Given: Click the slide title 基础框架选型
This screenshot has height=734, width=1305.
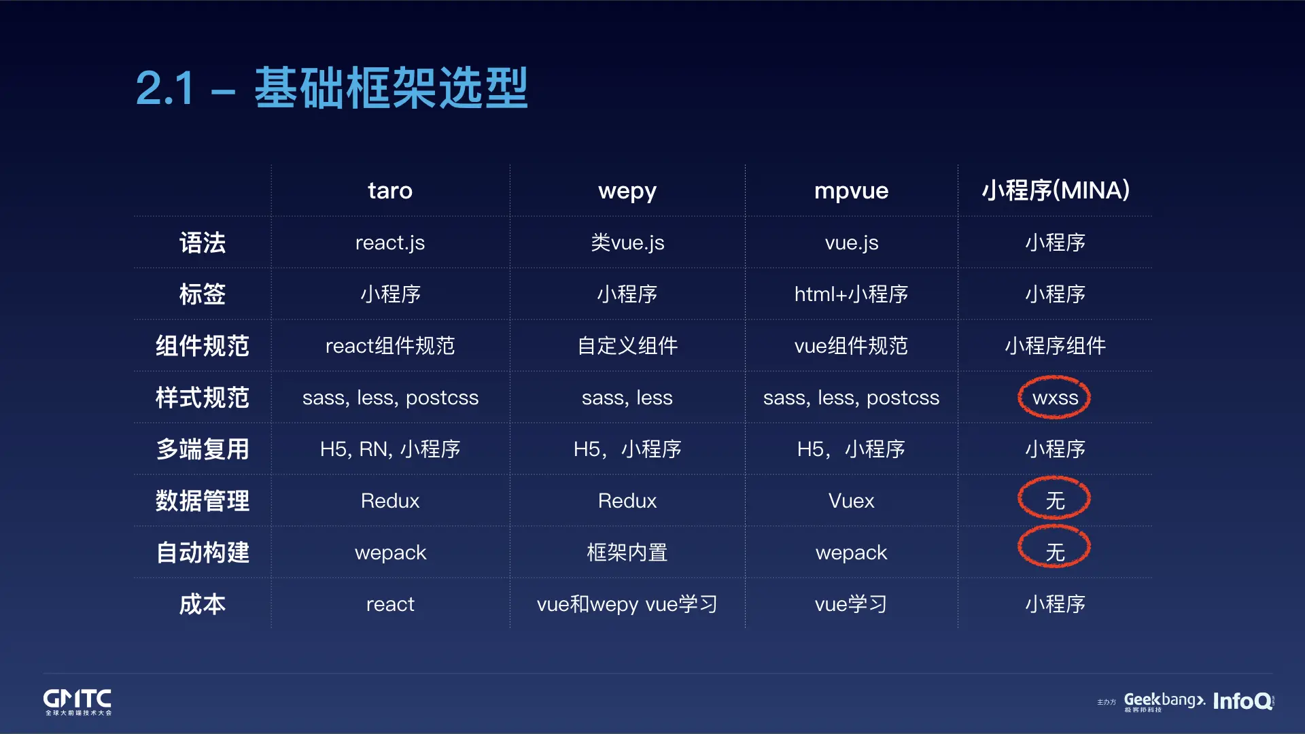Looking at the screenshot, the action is point(391,88).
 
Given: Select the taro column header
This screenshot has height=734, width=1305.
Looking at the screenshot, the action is point(390,191).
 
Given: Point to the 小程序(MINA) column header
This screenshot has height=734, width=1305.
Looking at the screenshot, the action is point(1056,190).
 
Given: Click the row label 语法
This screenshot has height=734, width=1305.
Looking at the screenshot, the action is point(203,243).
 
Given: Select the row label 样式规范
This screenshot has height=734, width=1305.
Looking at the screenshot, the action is point(203,398).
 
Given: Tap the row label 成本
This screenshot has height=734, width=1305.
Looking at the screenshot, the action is point(203,604).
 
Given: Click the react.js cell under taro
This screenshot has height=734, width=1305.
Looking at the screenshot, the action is point(390,243).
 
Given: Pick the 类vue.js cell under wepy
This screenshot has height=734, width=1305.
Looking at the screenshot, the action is point(627,243).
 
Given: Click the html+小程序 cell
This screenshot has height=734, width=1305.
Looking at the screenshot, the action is point(851,294).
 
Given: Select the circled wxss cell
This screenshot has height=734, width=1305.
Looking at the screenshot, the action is point(1055,398).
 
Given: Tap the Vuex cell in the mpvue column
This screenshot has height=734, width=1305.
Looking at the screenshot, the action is point(851,501).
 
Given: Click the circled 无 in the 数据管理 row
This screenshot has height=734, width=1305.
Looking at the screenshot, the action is point(1055,501).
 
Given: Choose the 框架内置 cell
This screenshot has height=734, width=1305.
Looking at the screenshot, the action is point(627,553).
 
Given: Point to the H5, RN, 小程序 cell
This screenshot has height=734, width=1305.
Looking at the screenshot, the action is point(390,449).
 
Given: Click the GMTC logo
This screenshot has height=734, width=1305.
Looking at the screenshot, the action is point(77,702).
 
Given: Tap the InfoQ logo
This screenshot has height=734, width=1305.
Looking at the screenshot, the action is point(1243,701).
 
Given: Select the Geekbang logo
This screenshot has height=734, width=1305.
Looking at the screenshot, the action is point(1164,701).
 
